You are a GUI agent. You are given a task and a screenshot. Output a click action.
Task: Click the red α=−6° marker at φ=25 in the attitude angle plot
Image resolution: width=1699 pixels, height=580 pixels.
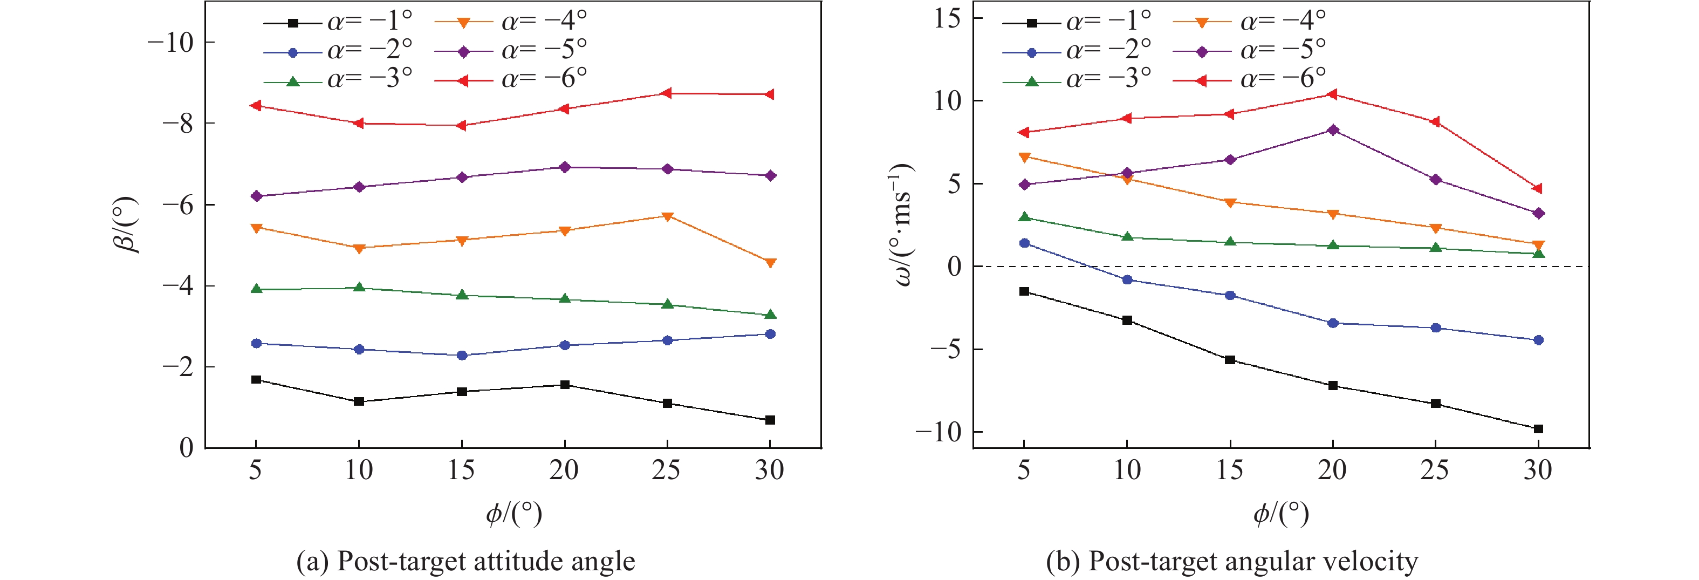(x=666, y=93)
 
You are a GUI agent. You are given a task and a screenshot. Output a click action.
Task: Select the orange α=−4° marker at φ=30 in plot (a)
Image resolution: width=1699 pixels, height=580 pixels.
(x=770, y=263)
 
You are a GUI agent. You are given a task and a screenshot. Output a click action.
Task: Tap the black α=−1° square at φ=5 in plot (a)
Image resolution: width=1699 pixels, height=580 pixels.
(x=256, y=379)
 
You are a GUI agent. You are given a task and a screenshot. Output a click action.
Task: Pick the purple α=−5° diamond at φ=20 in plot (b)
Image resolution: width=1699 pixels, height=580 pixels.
(x=1332, y=130)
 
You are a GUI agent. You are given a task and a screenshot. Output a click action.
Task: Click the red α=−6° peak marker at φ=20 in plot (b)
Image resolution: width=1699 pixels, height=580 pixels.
(x=1332, y=94)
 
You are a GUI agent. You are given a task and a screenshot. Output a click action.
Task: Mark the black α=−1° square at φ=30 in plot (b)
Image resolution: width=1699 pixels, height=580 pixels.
(x=1538, y=429)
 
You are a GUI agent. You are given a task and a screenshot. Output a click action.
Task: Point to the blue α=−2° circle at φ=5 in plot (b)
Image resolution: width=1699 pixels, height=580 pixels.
(x=1024, y=243)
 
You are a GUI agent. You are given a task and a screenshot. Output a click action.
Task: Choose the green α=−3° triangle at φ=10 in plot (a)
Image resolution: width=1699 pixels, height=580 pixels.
(x=359, y=287)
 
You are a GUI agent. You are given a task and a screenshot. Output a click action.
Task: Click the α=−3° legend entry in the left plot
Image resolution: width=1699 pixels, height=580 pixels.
(x=338, y=79)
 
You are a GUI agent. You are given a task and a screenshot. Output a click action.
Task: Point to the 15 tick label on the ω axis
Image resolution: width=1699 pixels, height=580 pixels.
(x=948, y=18)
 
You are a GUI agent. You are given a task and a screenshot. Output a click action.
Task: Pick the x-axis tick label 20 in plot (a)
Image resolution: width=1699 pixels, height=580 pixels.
(x=564, y=470)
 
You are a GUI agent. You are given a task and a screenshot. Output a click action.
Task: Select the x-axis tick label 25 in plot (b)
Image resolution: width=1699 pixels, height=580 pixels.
(x=1435, y=470)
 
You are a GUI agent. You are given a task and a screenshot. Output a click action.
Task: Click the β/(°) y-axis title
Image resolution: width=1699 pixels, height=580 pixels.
(x=125, y=225)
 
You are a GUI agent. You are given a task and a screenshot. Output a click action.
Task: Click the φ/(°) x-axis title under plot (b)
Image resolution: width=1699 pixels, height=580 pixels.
(x=1281, y=513)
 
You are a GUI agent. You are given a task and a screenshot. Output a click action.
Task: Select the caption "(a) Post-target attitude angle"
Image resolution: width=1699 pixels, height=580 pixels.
(x=465, y=561)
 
